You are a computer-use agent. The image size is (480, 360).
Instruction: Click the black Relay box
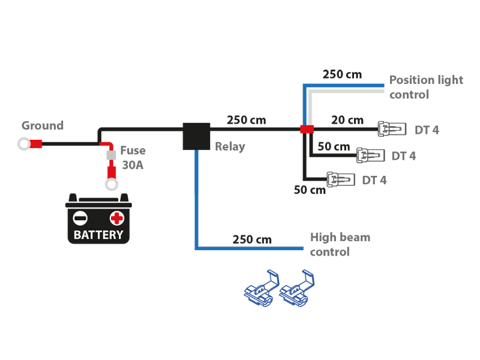(196, 136)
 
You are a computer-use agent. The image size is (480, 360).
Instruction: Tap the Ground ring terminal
(24, 144)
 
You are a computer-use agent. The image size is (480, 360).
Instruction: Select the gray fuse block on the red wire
(111, 155)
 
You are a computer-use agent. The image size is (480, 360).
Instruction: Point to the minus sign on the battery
(80, 218)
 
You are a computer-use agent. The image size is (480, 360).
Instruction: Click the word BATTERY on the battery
(98, 235)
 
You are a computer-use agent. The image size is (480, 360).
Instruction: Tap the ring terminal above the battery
(111, 184)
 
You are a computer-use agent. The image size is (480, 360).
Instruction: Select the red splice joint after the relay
(307, 129)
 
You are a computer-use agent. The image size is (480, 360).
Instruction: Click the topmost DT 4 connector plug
(392, 128)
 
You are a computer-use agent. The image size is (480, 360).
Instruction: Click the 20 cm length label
(347, 120)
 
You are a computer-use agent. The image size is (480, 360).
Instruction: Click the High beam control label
(340, 244)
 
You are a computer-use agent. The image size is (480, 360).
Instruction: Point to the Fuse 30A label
(133, 158)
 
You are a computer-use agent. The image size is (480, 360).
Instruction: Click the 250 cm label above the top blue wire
(342, 74)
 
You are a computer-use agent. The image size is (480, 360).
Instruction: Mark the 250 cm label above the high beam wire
(252, 239)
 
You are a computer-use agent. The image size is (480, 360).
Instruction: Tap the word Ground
(43, 125)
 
